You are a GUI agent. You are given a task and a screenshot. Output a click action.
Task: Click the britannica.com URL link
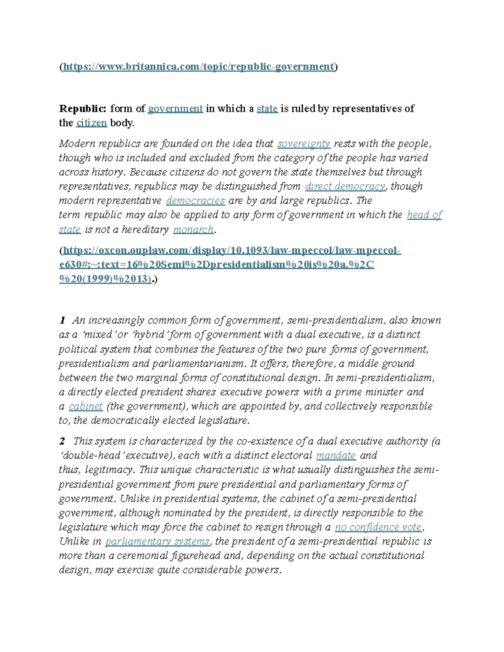198,67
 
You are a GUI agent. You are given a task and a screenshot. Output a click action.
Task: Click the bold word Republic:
83,109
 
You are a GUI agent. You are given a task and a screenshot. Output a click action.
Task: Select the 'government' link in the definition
176,109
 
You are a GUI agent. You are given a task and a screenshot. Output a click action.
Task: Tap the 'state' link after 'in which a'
267,109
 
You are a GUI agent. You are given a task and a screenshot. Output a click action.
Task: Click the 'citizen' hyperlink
92,123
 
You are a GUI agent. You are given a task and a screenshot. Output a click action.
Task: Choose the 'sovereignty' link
304,144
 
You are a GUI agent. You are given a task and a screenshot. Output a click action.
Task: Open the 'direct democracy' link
345,186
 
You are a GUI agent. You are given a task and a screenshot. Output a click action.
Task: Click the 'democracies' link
195,201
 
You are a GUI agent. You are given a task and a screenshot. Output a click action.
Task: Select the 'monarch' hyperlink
193,230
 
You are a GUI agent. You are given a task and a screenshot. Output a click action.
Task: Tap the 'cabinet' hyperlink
86,406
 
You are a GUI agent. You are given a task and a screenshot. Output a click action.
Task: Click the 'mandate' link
336,456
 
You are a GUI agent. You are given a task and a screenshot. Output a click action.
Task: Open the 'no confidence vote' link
378,527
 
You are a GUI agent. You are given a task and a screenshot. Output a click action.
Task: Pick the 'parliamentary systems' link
157,542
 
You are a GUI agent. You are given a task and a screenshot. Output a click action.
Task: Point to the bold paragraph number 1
62,321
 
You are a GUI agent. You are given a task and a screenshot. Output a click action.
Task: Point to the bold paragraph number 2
62,441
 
